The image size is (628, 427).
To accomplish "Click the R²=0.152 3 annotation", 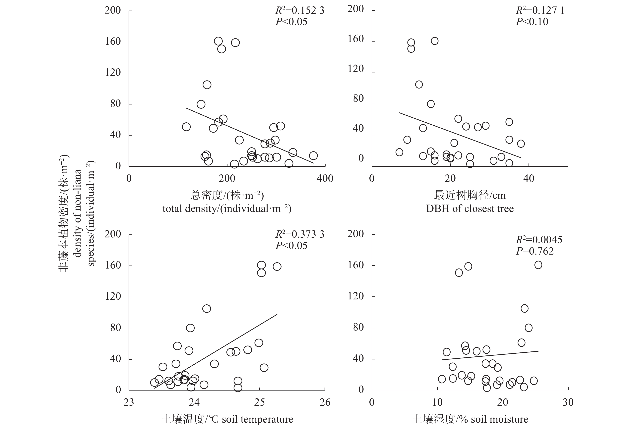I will pyautogui.click(x=299, y=11).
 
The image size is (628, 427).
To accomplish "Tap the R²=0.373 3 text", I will pyautogui.click(x=299, y=234).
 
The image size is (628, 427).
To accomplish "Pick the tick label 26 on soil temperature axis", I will pyautogui.click(x=325, y=402).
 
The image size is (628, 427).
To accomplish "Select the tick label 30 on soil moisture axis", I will pyautogui.click(x=568, y=402).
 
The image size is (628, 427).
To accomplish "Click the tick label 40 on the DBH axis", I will pyautogui.click(x=528, y=178).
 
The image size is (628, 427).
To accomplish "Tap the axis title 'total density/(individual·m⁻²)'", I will pyautogui.click(x=227, y=209).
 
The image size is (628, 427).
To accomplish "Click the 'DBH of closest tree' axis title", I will pyautogui.click(x=470, y=209).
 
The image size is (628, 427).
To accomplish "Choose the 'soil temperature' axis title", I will pyautogui.click(x=227, y=419).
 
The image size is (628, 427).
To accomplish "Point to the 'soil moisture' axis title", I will pyautogui.click(x=470, y=419).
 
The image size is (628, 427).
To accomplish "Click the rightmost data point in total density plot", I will pyautogui.click(x=313, y=156).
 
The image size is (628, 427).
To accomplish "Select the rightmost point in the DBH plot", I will pyautogui.click(x=521, y=144).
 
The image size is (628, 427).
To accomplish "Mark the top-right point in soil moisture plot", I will pyautogui.click(x=538, y=265).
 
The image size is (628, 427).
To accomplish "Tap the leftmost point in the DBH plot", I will pyautogui.click(x=399, y=152).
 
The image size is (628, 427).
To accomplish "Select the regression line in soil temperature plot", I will pyautogui.click(x=216, y=351).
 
